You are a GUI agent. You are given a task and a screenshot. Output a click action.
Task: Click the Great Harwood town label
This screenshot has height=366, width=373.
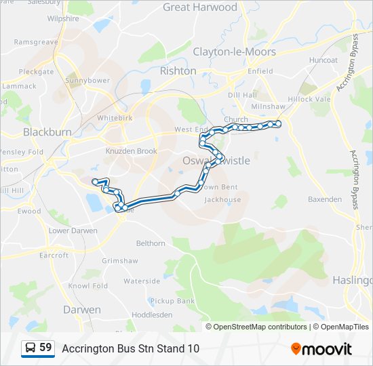[200, 7]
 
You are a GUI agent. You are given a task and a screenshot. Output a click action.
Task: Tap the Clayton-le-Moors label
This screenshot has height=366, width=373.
[234, 52]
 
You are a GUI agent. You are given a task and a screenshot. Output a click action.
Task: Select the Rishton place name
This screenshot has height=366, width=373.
[178, 70]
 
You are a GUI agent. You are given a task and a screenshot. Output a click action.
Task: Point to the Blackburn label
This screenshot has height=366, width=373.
[47, 132]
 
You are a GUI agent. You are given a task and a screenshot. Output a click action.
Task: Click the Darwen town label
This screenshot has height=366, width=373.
[81, 310]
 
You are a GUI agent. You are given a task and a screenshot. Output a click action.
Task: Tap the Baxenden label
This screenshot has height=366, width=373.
[325, 199]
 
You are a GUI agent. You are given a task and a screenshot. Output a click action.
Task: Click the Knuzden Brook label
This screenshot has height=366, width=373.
[131, 151]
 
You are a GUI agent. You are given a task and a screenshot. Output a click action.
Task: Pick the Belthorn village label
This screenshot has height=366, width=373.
[151, 243]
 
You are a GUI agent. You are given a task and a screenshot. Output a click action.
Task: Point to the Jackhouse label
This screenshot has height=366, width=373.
[222, 200]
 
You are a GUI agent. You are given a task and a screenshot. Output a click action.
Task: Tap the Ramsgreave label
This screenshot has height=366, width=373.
[35, 41]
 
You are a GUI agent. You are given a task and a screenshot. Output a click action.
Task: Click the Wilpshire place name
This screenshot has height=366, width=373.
[63, 19]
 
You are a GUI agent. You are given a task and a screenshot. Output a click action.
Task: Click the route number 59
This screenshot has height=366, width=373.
[45, 348]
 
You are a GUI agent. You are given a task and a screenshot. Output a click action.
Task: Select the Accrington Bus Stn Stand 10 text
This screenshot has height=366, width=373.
[131, 348]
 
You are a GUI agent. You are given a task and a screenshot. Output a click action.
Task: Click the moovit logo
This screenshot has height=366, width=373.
[321, 349]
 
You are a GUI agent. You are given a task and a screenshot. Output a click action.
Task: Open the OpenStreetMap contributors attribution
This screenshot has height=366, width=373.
[260, 327]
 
